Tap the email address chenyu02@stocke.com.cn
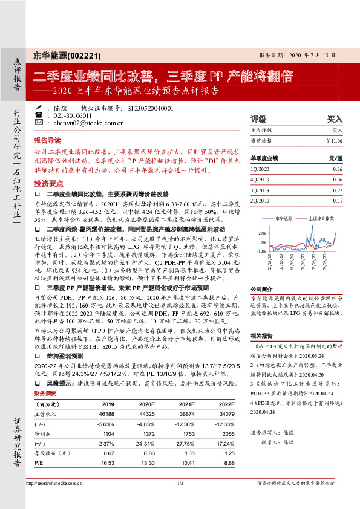point(80,123)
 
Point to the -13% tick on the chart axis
point(262,250)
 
